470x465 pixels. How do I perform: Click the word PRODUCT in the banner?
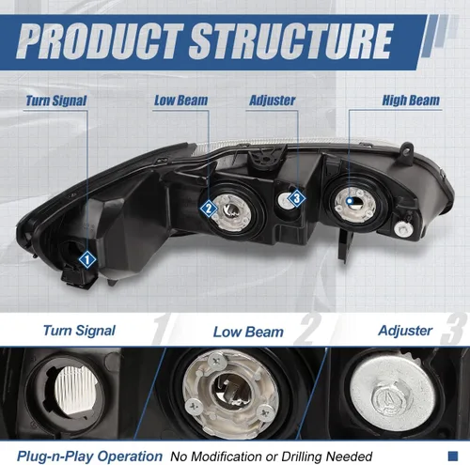click(100, 41)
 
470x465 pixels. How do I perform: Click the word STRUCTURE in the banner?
click(290, 41)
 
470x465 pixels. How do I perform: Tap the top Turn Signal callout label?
click(55, 101)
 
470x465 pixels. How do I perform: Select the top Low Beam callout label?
click(180, 101)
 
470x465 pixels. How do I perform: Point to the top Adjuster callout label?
click(272, 101)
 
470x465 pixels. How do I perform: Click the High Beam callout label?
click(411, 101)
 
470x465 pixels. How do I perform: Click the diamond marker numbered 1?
click(87, 259)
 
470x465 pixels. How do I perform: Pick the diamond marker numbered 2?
click(209, 209)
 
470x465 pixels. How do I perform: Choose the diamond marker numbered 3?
click(297, 198)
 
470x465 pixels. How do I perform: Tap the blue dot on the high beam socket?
click(350, 200)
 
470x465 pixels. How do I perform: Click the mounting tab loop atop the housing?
click(406, 148)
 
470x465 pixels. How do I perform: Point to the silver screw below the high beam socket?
click(402, 228)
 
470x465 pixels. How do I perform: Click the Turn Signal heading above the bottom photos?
click(79, 331)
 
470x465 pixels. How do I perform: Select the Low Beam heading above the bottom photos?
click(248, 332)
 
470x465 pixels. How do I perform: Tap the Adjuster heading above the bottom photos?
click(405, 331)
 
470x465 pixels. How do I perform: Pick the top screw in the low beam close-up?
click(217, 362)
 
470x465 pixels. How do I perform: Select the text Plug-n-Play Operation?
click(89, 457)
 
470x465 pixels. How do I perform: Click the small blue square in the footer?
click(453, 456)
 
